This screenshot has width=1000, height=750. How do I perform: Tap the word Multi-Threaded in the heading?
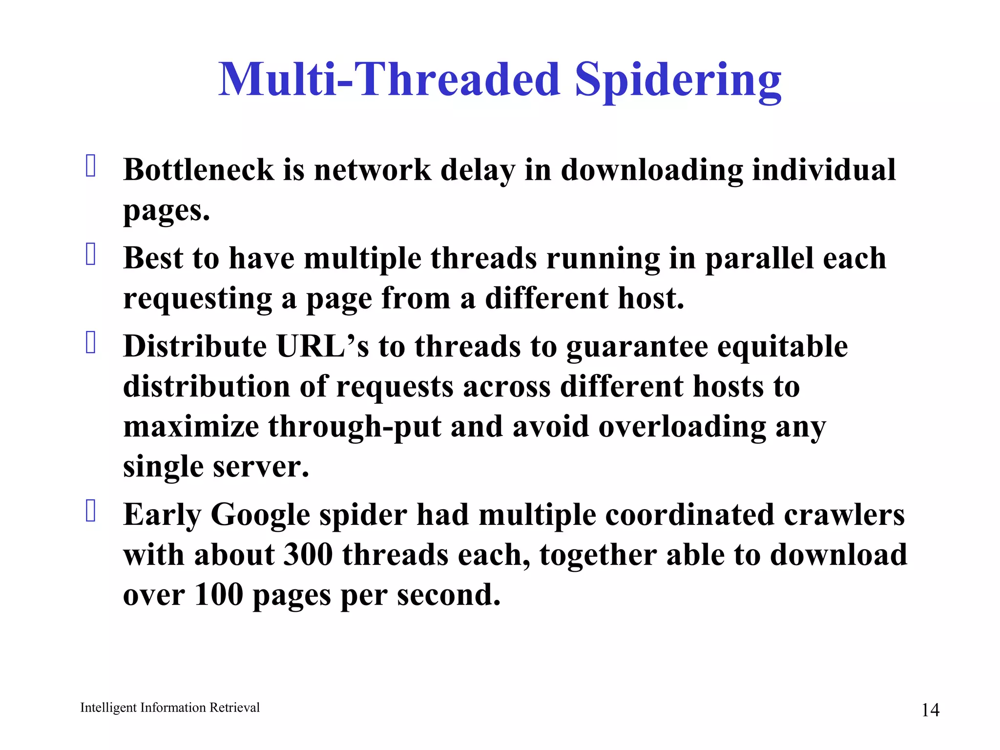coord(389,79)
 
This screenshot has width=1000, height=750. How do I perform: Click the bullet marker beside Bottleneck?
coord(91,166)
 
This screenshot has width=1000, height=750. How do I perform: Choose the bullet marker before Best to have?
coord(91,254)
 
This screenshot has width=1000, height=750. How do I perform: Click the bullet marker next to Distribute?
coord(91,342)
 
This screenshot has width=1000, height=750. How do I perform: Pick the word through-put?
coord(355,427)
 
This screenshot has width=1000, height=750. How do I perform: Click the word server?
coord(261,467)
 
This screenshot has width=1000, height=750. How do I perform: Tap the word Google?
coord(260,516)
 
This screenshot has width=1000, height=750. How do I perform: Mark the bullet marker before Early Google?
coord(91,511)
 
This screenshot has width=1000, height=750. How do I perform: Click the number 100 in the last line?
coord(218,595)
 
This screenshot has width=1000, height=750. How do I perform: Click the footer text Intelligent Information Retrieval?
coord(169,708)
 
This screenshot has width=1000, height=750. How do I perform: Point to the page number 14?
coord(930,710)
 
